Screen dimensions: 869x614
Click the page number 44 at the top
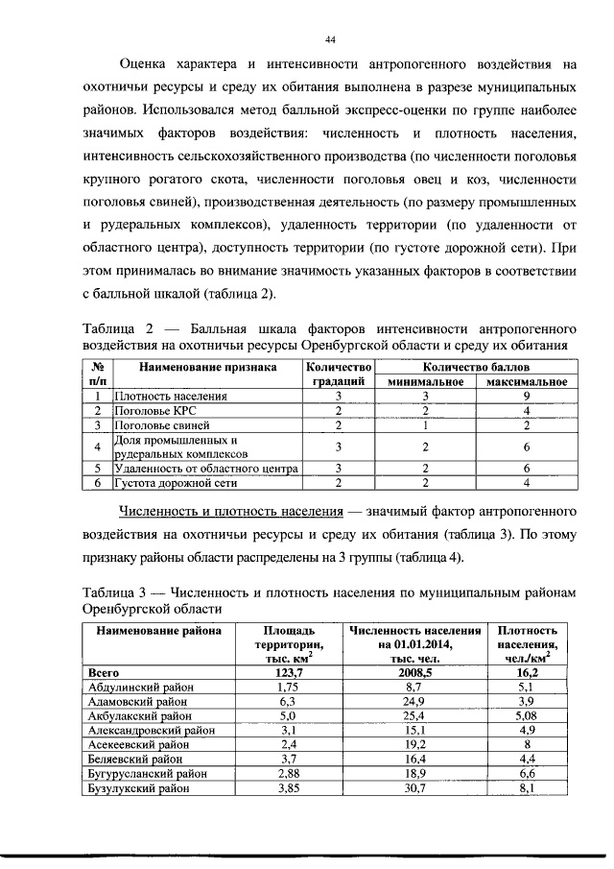tap(330, 39)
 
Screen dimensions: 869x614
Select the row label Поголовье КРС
tap(157, 410)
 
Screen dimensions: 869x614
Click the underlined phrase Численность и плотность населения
tap(232, 505)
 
